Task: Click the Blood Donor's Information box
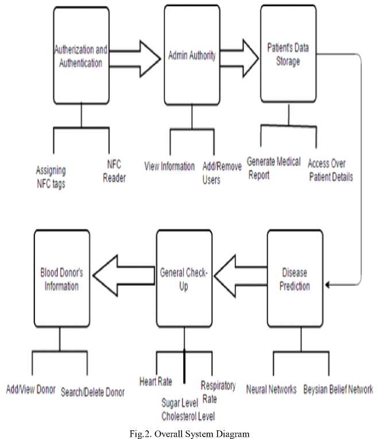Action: [61, 279]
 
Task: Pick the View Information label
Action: [170, 166]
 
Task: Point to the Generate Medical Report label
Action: [274, 168]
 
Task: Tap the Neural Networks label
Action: [271, 390]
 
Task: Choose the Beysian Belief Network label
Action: [338, 390]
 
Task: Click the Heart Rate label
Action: [156, 380]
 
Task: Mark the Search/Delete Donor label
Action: [92, 393]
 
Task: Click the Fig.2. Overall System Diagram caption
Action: [189, 434]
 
